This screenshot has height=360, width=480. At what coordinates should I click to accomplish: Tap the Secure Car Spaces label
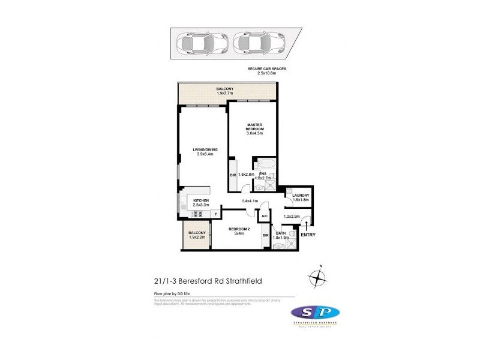coord(267,71)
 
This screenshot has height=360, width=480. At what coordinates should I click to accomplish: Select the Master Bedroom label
coord(255,130)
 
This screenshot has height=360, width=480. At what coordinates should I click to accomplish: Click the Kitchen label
coord(201,202)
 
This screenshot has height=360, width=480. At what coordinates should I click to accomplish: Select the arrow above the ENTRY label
coord(307,225)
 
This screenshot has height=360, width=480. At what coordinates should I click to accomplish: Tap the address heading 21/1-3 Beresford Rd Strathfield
coord(200,280)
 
